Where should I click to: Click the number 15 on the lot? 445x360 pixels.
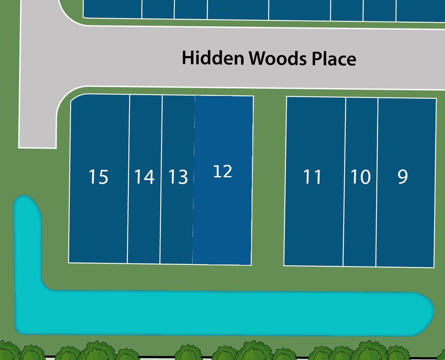98,177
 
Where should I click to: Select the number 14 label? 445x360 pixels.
144,177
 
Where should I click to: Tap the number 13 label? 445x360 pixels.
178,177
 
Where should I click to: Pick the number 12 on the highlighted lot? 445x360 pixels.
222,171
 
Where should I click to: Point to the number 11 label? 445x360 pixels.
312,177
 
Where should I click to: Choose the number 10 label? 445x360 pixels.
360,177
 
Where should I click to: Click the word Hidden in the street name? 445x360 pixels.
213,58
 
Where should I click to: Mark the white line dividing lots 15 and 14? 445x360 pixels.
129,179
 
